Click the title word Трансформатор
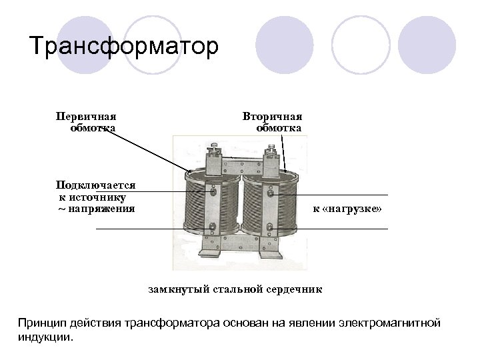tap(124, 47)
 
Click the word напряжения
tap(103, 209)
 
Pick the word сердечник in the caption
tap(297, 289)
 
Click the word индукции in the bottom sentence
tap(42, 337)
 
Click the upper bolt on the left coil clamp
tap(213, 191)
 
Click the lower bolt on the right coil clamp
tap(269, 230)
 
